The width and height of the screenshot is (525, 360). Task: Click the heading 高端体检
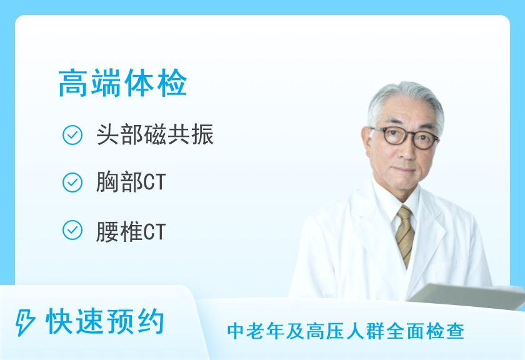pos(122,84)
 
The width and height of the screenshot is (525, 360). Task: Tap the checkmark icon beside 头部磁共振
pos(73,136)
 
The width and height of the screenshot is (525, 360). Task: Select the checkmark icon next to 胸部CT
pos(73,182)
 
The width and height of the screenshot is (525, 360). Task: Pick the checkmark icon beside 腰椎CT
pos(73,230)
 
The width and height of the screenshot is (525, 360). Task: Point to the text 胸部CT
pos(131,182)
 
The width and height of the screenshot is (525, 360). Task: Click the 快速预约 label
pos(105,322)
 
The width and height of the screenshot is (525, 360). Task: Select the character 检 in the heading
pos(172,84)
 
